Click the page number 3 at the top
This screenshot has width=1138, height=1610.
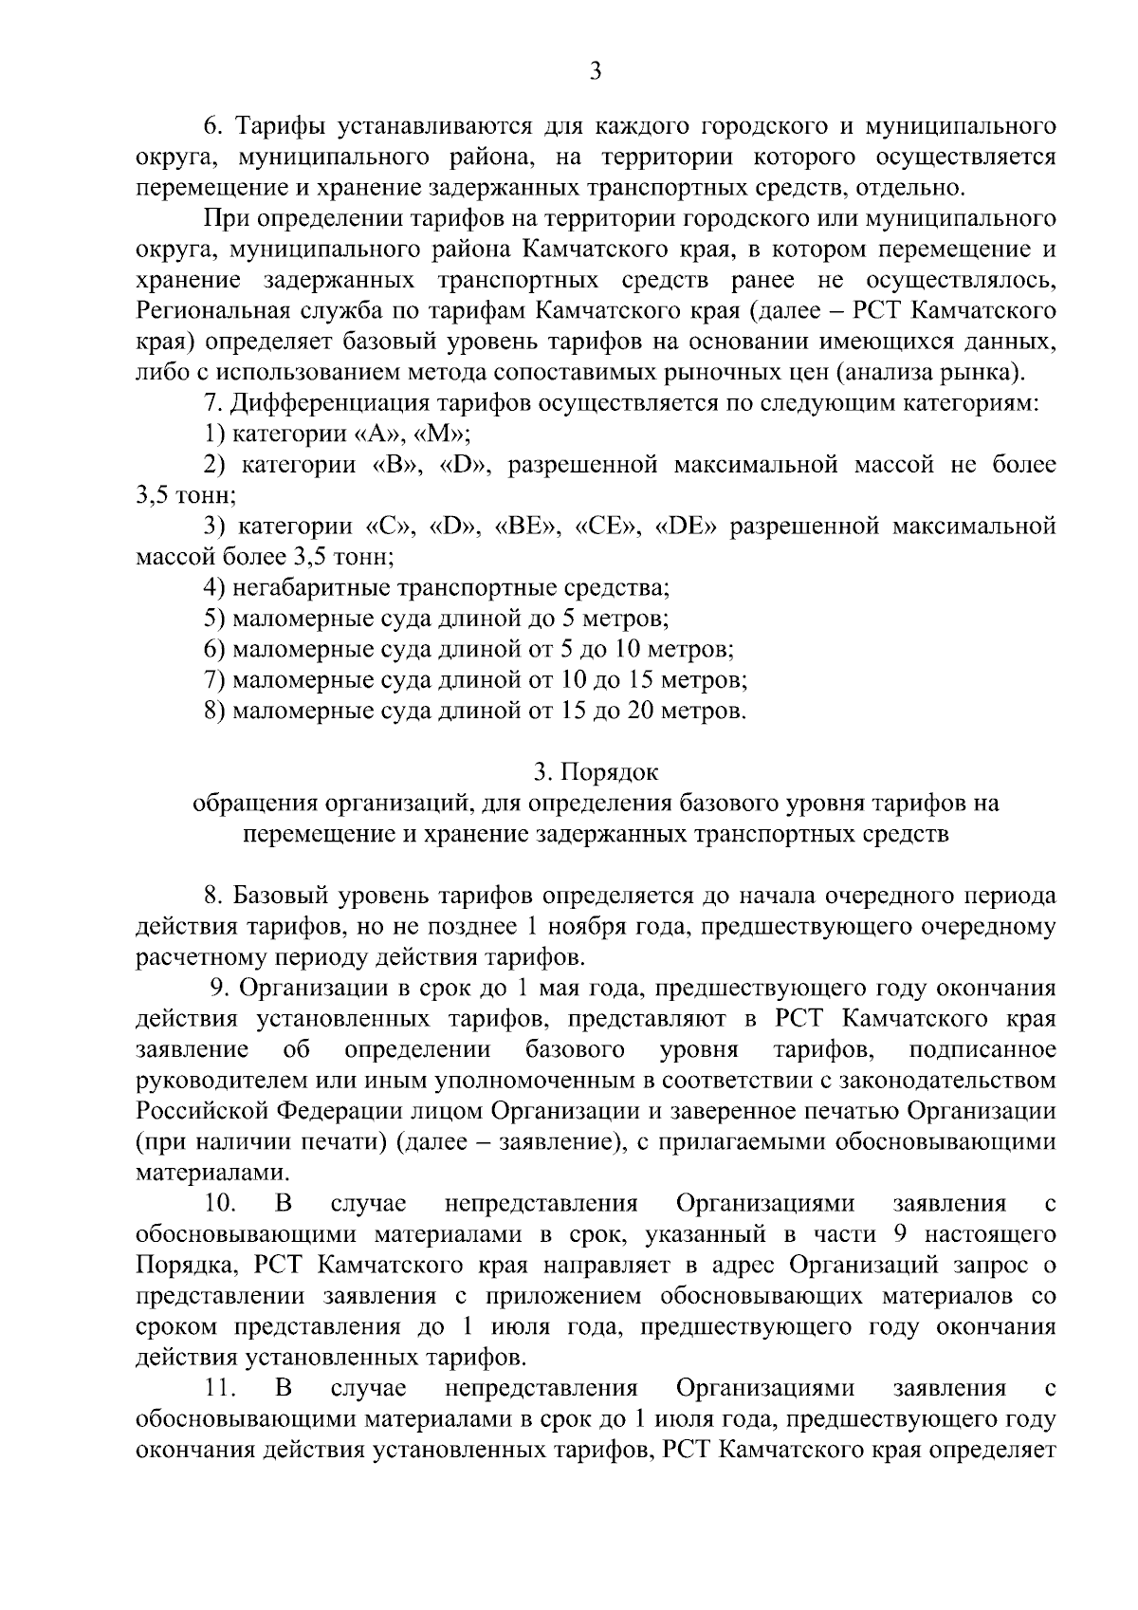595,71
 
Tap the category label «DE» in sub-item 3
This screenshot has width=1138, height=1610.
686,527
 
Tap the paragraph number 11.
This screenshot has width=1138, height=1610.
219,1389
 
